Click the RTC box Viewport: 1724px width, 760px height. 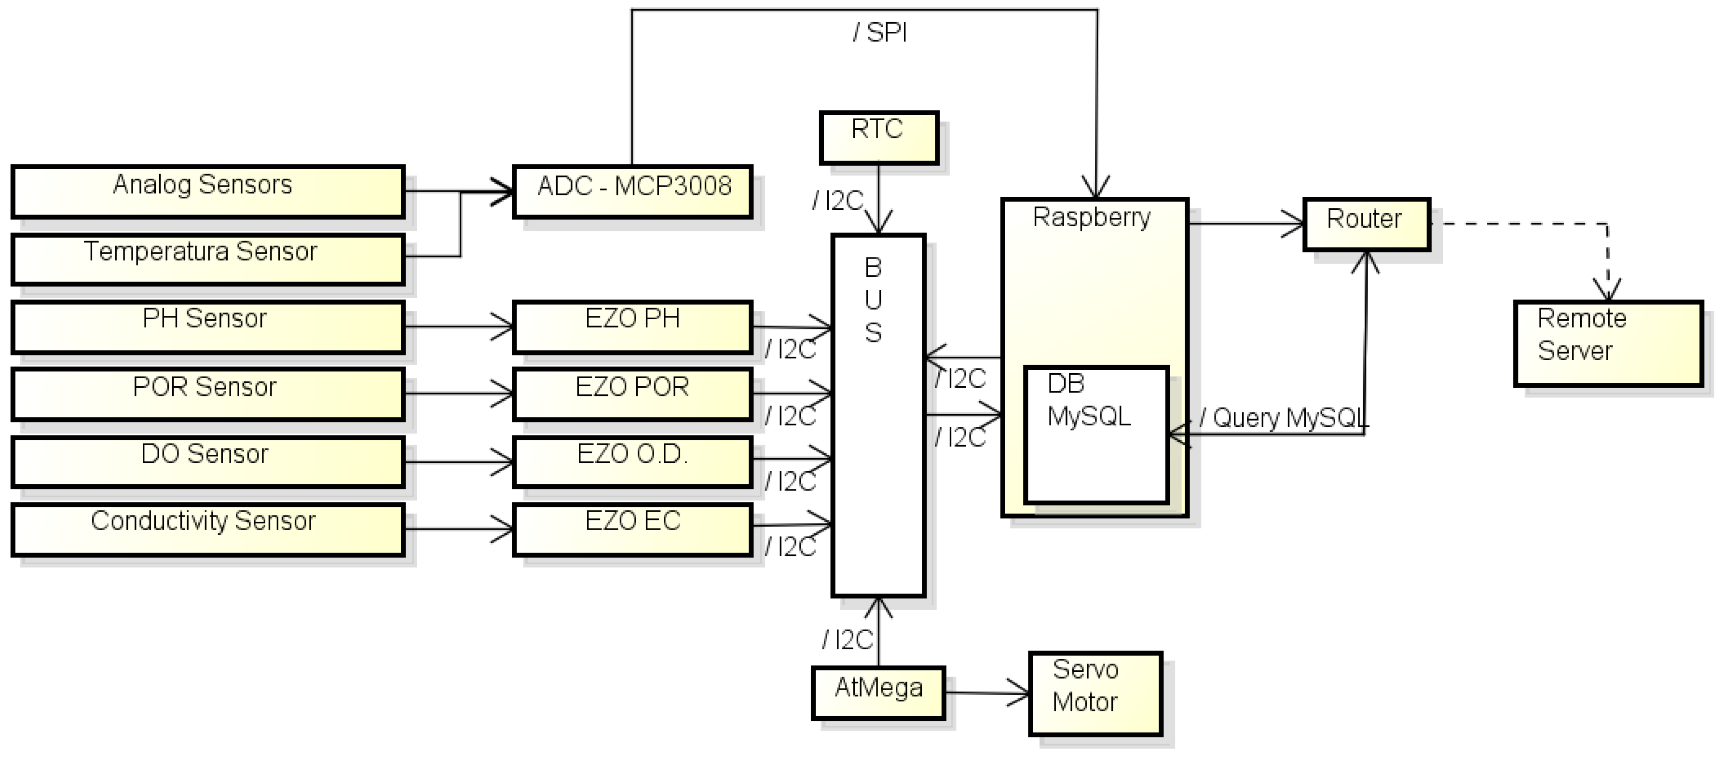(x=879, y=137)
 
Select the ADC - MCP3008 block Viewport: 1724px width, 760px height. (x=632, y=191)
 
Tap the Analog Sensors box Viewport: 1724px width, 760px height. (x=207, y=191)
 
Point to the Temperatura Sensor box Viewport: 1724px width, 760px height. (x=207, y=259)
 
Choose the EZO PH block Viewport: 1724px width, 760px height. (x=632, y=326)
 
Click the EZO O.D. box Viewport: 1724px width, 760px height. (x=632, y=461)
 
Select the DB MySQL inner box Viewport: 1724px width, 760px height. (x=1095, y=435)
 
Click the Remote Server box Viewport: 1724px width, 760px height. (x=1608, y=343)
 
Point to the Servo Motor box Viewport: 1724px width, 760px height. (x=1095, y=693)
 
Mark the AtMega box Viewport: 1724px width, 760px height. (x=878, y=692)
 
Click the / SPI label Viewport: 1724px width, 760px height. (x=880, y=32)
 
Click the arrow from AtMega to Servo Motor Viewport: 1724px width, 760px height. (x=987, y=692)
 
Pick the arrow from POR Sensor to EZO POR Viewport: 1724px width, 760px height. (x=458, y=394)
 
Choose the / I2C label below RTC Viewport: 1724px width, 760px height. (x=838, y=201)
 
